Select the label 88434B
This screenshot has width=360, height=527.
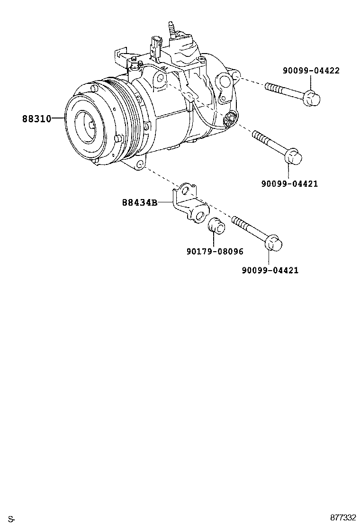tap(139, 202)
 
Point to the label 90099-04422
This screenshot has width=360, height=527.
tap(311, 71)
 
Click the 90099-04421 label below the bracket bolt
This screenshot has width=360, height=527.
tap(270, 270)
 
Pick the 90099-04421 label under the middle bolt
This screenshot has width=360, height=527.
tap(289, 183)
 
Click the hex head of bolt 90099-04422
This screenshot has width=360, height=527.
tap(311, 98)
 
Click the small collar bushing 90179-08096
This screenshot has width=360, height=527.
tap(216, 226)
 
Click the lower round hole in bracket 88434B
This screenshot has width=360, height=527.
tap(200, 216)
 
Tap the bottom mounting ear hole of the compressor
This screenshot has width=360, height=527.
tap(140, 165)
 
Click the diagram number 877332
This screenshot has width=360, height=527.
tap(343, 517)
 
